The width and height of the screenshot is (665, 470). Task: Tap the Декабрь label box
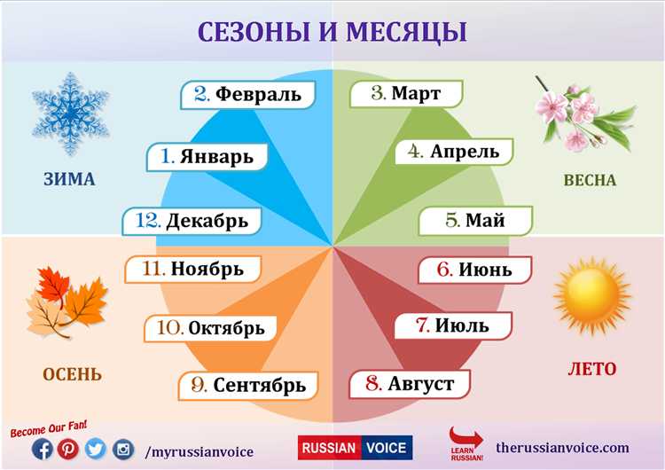pyautogui.click(x=192, y=220)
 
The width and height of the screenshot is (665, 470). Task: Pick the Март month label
pyautogui.click(x=407, y=94)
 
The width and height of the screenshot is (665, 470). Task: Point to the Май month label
pyautogui.click(x=475, y=220)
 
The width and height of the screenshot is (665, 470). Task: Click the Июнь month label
pyautogui.click(x=474, y=269)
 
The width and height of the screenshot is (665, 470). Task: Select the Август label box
pyautogui.click(x=410, y=384)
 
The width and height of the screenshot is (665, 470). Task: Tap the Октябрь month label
pyautogui.click(x=212, y=327)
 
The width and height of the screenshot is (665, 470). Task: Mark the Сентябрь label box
pyautogui.click(x=247, y=385)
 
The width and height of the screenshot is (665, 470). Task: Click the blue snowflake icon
pyautogui.click(x=70, y=113)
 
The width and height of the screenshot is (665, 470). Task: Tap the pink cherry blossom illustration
pyautogui.click(x=581, y=113)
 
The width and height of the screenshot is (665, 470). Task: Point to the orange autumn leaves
pyautogui.click(x=66, y=304)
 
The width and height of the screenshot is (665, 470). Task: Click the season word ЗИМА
pyautogui.click(x=69, y=180)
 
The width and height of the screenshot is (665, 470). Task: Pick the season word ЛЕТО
pyautogui.click(x=591, y=368)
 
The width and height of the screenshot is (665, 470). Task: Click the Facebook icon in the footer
pyautogui.click(x=42, y=450)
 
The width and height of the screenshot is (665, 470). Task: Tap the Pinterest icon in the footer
pyautogui.click(x=68, y=450)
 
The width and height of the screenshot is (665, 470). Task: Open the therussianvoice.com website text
pyautogui.click(x=563, y=449)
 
